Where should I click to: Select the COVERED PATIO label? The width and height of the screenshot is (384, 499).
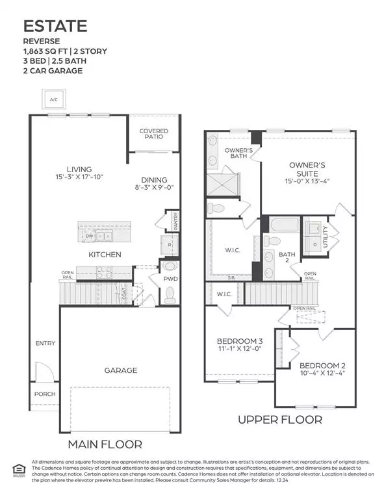tap(154, 134)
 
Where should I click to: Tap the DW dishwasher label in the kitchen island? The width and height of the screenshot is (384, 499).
tap(89, 237)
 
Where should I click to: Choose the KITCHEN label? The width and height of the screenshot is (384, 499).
tap(105, 255)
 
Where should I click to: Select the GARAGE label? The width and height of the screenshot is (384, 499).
tap(121, 370)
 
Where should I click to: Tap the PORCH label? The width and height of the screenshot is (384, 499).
tap(45, 394)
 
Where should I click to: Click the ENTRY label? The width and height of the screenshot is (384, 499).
tap(45, 343)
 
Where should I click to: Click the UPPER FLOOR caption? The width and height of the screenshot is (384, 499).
tap(280, 420)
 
